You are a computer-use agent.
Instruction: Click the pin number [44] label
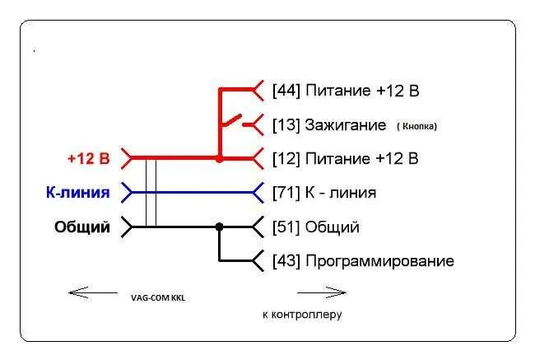point(286,91)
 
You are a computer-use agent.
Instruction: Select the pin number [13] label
point(286,125)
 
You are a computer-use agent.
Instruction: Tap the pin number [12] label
point(286,158)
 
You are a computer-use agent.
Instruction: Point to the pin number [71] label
point(286,193)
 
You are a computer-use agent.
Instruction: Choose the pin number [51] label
point(286,227)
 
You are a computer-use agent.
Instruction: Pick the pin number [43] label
point(286,261)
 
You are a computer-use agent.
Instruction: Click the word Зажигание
point(345,125)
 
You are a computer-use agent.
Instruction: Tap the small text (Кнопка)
point(416,126)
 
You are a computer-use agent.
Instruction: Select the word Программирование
point(379,261)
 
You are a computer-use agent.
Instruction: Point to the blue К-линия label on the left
point(78,193)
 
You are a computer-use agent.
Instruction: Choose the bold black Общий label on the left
point(82,227)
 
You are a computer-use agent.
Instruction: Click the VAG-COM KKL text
point(158,297)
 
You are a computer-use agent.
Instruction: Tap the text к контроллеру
point(301,314)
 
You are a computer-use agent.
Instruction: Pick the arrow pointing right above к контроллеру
point(321,291)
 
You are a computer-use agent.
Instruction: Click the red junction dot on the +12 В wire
point(219,158)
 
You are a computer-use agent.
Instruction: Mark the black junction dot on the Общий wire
point(219,227)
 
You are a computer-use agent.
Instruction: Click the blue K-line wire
point(198,193)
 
